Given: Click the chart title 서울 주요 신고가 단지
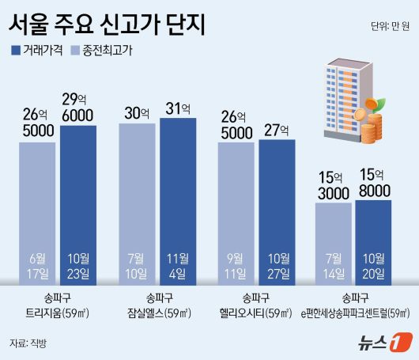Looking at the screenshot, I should coord(107,23).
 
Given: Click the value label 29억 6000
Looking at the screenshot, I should coord(79,104).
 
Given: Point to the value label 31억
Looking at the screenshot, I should coord(178,106).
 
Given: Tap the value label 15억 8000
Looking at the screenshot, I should coord(374,182).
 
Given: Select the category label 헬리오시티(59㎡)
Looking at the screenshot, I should coord(255,313).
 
